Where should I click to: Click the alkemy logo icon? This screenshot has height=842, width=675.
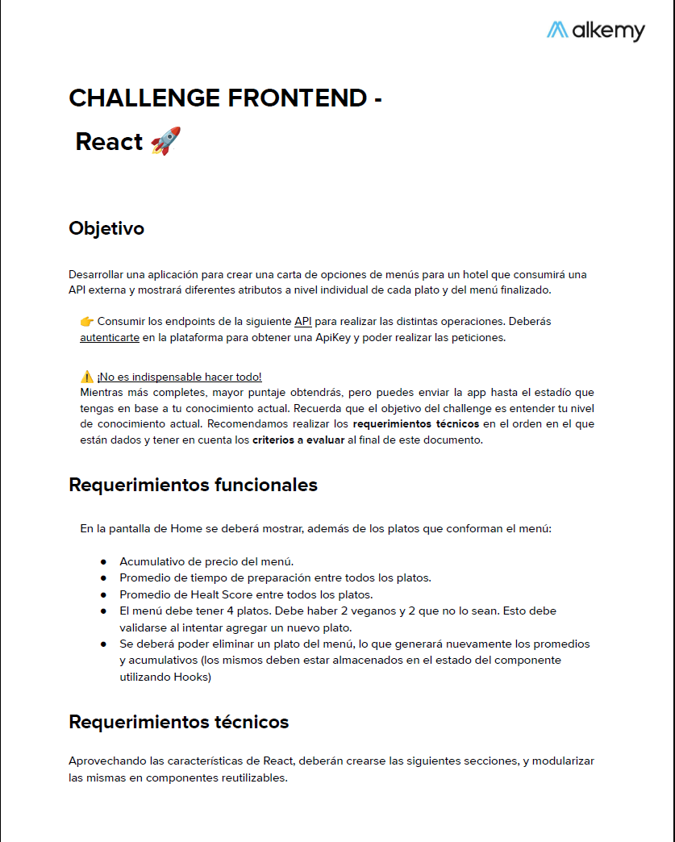click(x=557, y=30)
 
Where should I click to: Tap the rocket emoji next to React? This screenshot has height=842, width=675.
click(x=165, y=141)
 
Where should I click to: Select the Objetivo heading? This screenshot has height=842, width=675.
click(x=106, y=228)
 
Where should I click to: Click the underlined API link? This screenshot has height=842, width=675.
click(x=302, y=321)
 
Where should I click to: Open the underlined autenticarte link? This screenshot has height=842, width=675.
click(x=110, y=337)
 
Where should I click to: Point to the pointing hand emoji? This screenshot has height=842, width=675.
click(x=86, y=321)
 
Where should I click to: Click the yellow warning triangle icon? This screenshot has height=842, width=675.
click(x=86, y=377)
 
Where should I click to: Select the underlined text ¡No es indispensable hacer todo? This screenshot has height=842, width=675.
click(x=179, y=377)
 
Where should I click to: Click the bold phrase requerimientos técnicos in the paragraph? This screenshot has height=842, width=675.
click(x=416, y=423)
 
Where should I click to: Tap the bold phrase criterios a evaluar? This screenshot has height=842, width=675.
click(x=298, y=440)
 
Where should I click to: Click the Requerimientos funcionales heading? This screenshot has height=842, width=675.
click(x=193, y=485)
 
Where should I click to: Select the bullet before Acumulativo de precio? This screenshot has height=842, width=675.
click(x=103, y=561)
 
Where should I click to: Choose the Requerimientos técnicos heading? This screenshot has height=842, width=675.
click(x=178, y=721)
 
